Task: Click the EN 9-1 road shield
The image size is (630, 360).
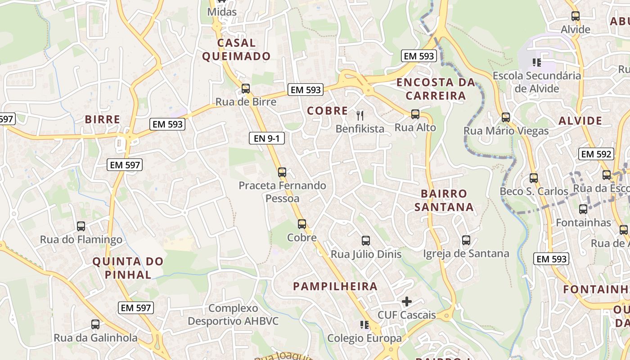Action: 267,138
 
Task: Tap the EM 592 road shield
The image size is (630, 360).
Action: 596,154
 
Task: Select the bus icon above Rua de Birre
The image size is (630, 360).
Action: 245,88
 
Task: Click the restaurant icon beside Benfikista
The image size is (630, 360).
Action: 359,115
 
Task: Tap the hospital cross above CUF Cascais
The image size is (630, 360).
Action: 407,301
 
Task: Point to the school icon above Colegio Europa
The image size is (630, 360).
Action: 364,324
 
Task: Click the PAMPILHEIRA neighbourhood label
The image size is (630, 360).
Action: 335,286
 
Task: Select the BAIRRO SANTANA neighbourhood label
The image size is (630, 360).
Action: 444,200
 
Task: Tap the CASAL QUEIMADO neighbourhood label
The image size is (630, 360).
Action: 236,49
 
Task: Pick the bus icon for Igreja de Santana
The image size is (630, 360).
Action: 466,240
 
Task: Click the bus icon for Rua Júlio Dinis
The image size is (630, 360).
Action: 365,240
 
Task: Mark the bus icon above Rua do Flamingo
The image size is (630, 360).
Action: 81,226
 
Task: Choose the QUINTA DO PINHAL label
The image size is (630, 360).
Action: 128,268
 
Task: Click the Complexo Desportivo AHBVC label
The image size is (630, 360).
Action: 233,315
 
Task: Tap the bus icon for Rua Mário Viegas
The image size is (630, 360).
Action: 506,117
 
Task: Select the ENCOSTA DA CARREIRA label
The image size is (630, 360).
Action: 436,89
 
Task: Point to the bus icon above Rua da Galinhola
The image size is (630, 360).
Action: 95,324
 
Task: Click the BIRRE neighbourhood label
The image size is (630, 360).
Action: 103,119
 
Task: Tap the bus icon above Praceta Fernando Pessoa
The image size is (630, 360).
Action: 282,171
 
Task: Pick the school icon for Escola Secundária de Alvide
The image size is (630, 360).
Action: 536,62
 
